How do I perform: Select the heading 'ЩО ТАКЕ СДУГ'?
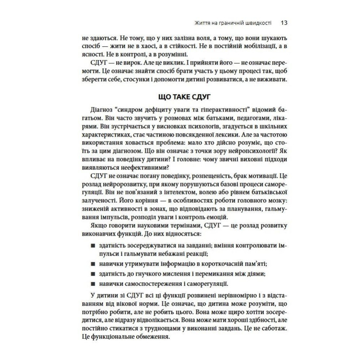[x=180, y=98]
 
